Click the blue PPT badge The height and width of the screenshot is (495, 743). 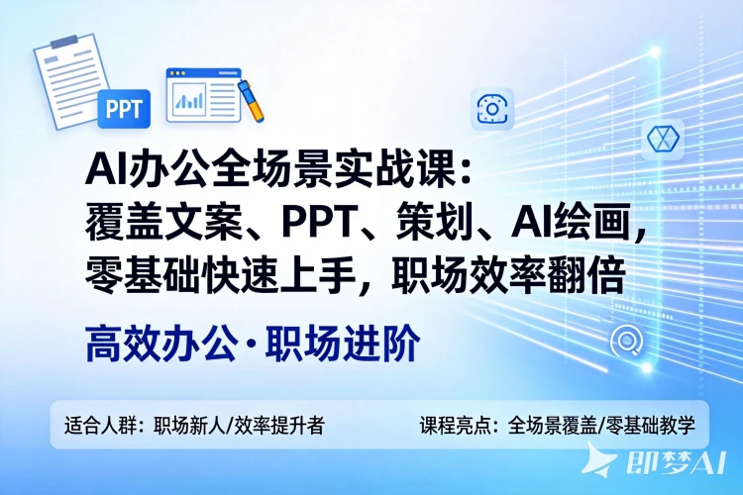coord(124,108)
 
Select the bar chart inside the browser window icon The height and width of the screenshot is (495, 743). coord(187,97)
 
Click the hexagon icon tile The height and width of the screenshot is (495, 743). coord(659,141)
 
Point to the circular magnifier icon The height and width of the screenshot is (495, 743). coord(626,342)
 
